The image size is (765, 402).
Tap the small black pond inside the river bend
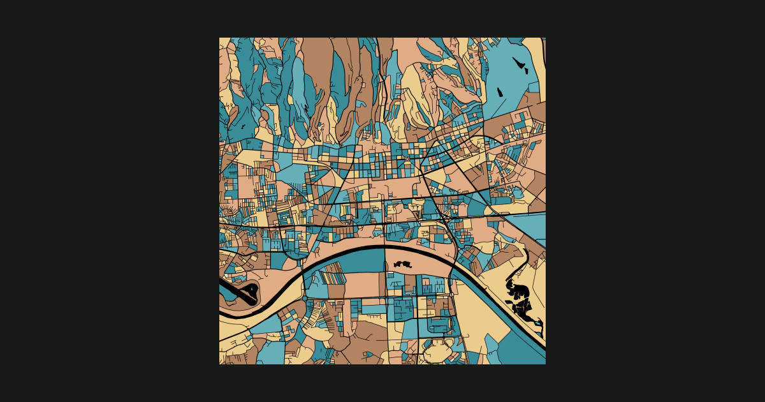tap(403, 263)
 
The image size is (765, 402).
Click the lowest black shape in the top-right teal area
tap(499, 91)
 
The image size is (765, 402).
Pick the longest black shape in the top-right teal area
tap(519, 63)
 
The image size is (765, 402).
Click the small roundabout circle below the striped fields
tap(305, 299)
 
